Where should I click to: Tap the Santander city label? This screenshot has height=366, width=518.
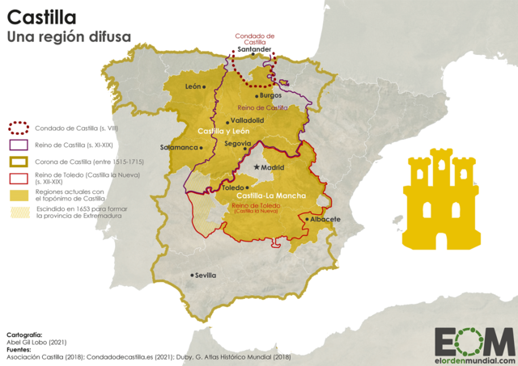(255, 48)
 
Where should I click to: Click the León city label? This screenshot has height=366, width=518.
(193, 86)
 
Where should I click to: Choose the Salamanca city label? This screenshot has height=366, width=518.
(179, 148)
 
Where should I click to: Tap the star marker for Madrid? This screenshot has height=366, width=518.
(257, 167)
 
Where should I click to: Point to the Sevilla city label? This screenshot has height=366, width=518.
(205, 275)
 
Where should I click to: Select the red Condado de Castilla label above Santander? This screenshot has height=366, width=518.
(255, 38)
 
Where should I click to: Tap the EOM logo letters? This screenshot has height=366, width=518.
(473, 340)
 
